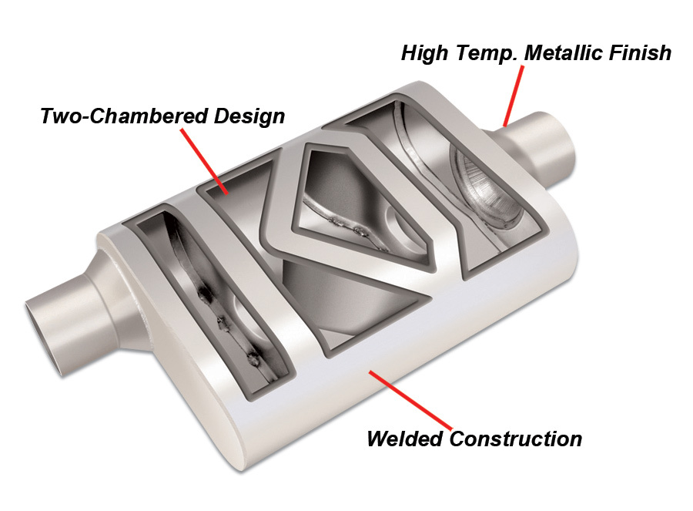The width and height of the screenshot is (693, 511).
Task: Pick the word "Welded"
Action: click(405, 439)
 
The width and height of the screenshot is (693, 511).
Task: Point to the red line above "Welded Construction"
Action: click(401, 398)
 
